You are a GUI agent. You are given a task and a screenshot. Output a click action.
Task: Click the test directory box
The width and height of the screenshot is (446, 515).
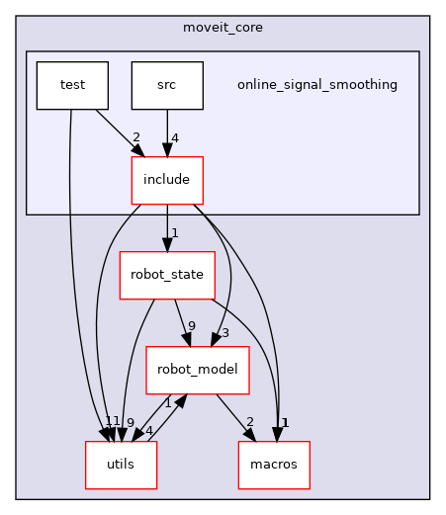(72, 85)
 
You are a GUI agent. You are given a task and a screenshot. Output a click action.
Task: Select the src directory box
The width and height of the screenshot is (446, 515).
(167, 85)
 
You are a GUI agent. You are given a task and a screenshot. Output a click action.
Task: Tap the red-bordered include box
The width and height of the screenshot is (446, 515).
(167, 180)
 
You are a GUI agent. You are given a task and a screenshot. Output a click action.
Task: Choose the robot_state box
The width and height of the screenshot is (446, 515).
(167, 276)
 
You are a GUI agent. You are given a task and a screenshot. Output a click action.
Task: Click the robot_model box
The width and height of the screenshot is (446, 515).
(197, 371)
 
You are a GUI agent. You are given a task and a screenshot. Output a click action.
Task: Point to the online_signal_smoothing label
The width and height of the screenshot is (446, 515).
(316, 85)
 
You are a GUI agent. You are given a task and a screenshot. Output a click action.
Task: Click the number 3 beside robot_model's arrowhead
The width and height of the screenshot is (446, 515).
(225, 333)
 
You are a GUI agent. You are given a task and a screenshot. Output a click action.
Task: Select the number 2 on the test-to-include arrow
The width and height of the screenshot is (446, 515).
(135, 137)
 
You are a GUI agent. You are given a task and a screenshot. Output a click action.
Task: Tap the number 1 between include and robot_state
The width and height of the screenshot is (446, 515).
(174, 233)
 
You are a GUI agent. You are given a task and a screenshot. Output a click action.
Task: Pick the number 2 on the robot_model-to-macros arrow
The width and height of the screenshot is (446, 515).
(249, 423)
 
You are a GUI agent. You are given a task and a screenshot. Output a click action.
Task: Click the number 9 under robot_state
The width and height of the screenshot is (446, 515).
(191, 327)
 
